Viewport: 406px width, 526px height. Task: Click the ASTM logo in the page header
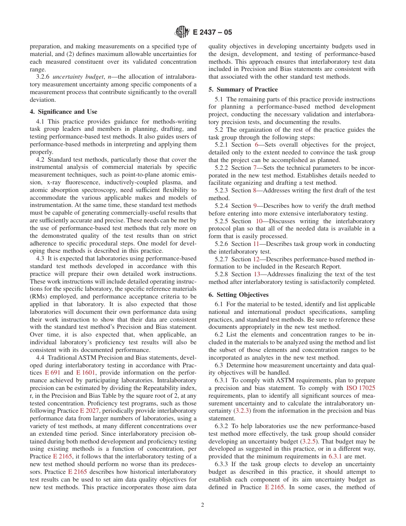(x=182, y=32)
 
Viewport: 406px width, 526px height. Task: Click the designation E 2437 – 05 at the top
(x=212, y=33)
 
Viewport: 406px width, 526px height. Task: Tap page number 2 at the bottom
(x=203, y=505)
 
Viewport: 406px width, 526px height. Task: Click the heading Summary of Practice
(x=243, y=89)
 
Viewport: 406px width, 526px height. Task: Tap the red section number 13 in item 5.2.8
(x=256, y=274)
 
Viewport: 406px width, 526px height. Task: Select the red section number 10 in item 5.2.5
(x=259, y=221)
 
